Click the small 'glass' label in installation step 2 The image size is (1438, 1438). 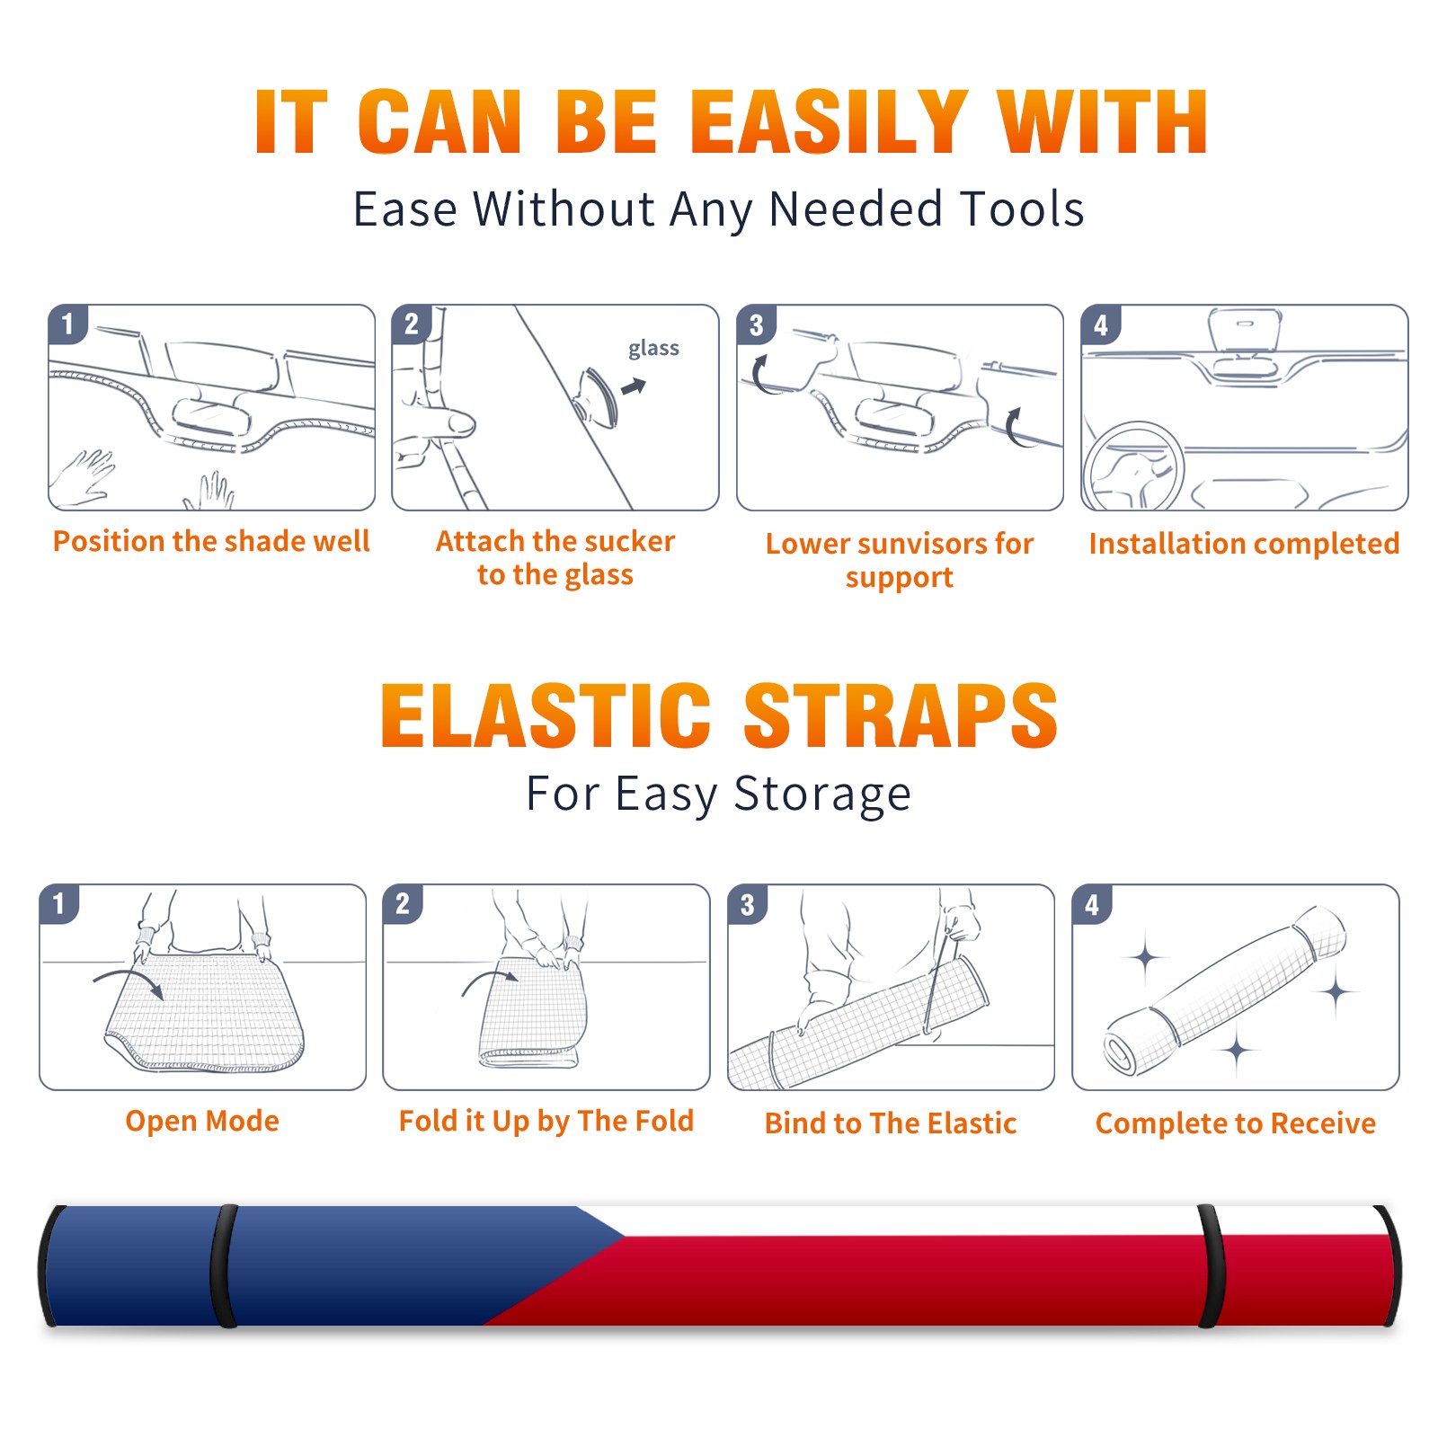(653, 349)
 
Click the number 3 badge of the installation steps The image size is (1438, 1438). (757, 324)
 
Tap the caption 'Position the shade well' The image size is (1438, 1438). (211, 541)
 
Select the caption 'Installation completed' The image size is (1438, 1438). (1245, 544)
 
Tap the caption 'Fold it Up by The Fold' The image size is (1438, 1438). (546, 1121)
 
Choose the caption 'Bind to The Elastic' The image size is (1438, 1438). (891, 1123)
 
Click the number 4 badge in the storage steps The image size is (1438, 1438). (1092, 904)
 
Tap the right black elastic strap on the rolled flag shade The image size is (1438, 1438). (1212, 1265)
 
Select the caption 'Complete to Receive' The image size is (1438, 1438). (1236, 1123)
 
